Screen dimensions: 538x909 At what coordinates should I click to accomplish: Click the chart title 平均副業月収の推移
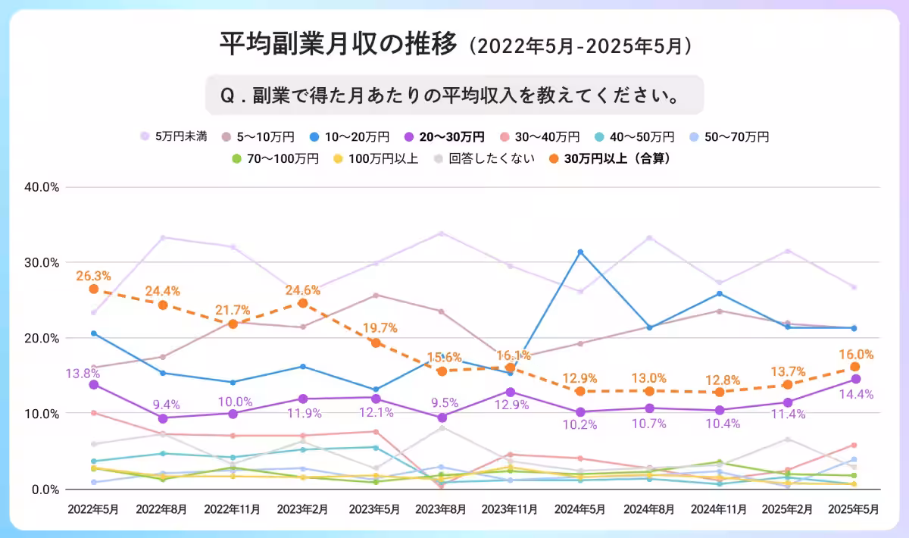click(x=339, y=45)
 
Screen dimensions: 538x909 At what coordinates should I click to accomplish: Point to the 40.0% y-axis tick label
click(x=42, y=187)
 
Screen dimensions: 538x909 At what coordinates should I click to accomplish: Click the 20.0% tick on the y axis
click(x=42, y=338)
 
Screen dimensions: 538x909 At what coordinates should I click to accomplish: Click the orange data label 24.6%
click(x=303, y=289)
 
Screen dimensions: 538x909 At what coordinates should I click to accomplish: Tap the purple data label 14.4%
click(x=856, y=394)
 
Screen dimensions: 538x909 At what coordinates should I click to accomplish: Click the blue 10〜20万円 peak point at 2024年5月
click(x=580, y=252)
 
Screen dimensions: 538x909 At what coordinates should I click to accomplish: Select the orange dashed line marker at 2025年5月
click(x=855, y=367)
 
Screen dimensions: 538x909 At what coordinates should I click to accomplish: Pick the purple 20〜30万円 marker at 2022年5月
click(x=94, y=385)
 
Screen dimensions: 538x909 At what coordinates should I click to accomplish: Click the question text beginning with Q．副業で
click(x=454, y=95)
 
